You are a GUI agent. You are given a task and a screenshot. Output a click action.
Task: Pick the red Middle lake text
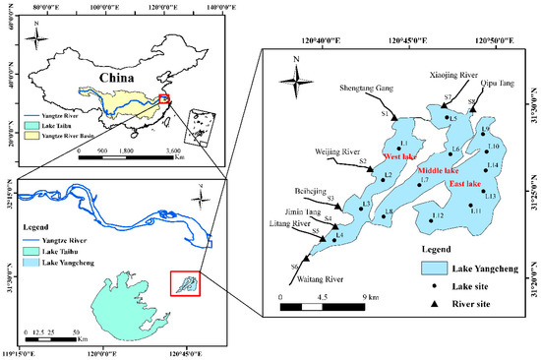[439, 170]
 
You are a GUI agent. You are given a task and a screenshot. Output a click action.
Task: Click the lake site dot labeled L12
[429, 215]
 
